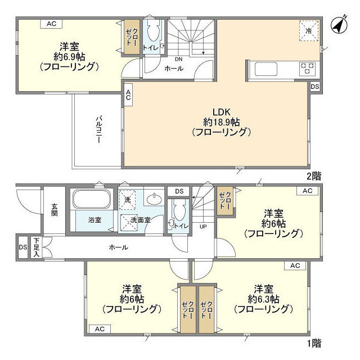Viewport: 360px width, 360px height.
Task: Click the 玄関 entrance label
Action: (x=55, y=209)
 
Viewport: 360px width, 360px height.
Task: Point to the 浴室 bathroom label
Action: (x=94, y=220)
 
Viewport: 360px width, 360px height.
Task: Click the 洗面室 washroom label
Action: (x=140, y=220)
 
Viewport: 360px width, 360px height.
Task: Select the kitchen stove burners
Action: (x=307, y=69)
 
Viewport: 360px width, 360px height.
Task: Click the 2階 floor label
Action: (x=314, y=175)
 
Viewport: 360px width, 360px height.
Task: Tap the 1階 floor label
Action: (x=314, y=343)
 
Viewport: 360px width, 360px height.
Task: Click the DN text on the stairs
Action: (x=178, y=58)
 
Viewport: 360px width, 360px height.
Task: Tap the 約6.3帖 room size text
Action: (x=263, y=298)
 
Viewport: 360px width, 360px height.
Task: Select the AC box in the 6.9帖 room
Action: (x=51, y=24)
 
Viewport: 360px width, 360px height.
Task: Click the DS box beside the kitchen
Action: (x=315, y=87)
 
